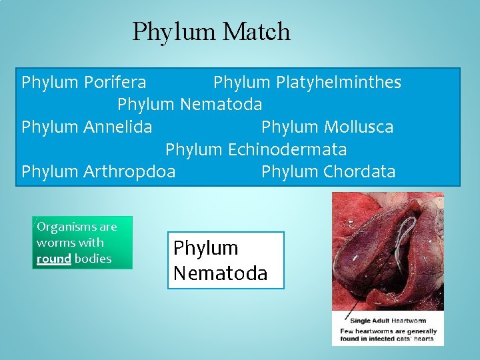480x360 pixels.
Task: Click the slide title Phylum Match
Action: pos(211,31)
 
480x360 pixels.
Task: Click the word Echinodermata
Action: pos(288,149)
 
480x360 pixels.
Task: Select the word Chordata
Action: pos(359,172)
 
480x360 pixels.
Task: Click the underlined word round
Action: pos(54,259)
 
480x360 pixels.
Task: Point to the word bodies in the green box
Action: pos(93,259)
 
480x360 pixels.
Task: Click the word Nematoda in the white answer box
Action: pos(221,273)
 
